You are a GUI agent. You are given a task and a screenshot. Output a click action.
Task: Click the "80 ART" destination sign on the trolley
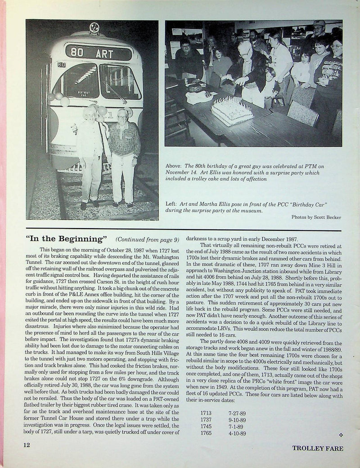point(99,52)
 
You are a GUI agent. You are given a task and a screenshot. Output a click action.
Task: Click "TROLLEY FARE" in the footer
point(317,448)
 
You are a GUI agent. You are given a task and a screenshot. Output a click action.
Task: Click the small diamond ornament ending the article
point(341,435)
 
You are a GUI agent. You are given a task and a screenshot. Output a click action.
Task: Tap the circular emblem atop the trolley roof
point(94,27)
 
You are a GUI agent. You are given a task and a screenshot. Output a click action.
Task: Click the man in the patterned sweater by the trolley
point(124,155)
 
